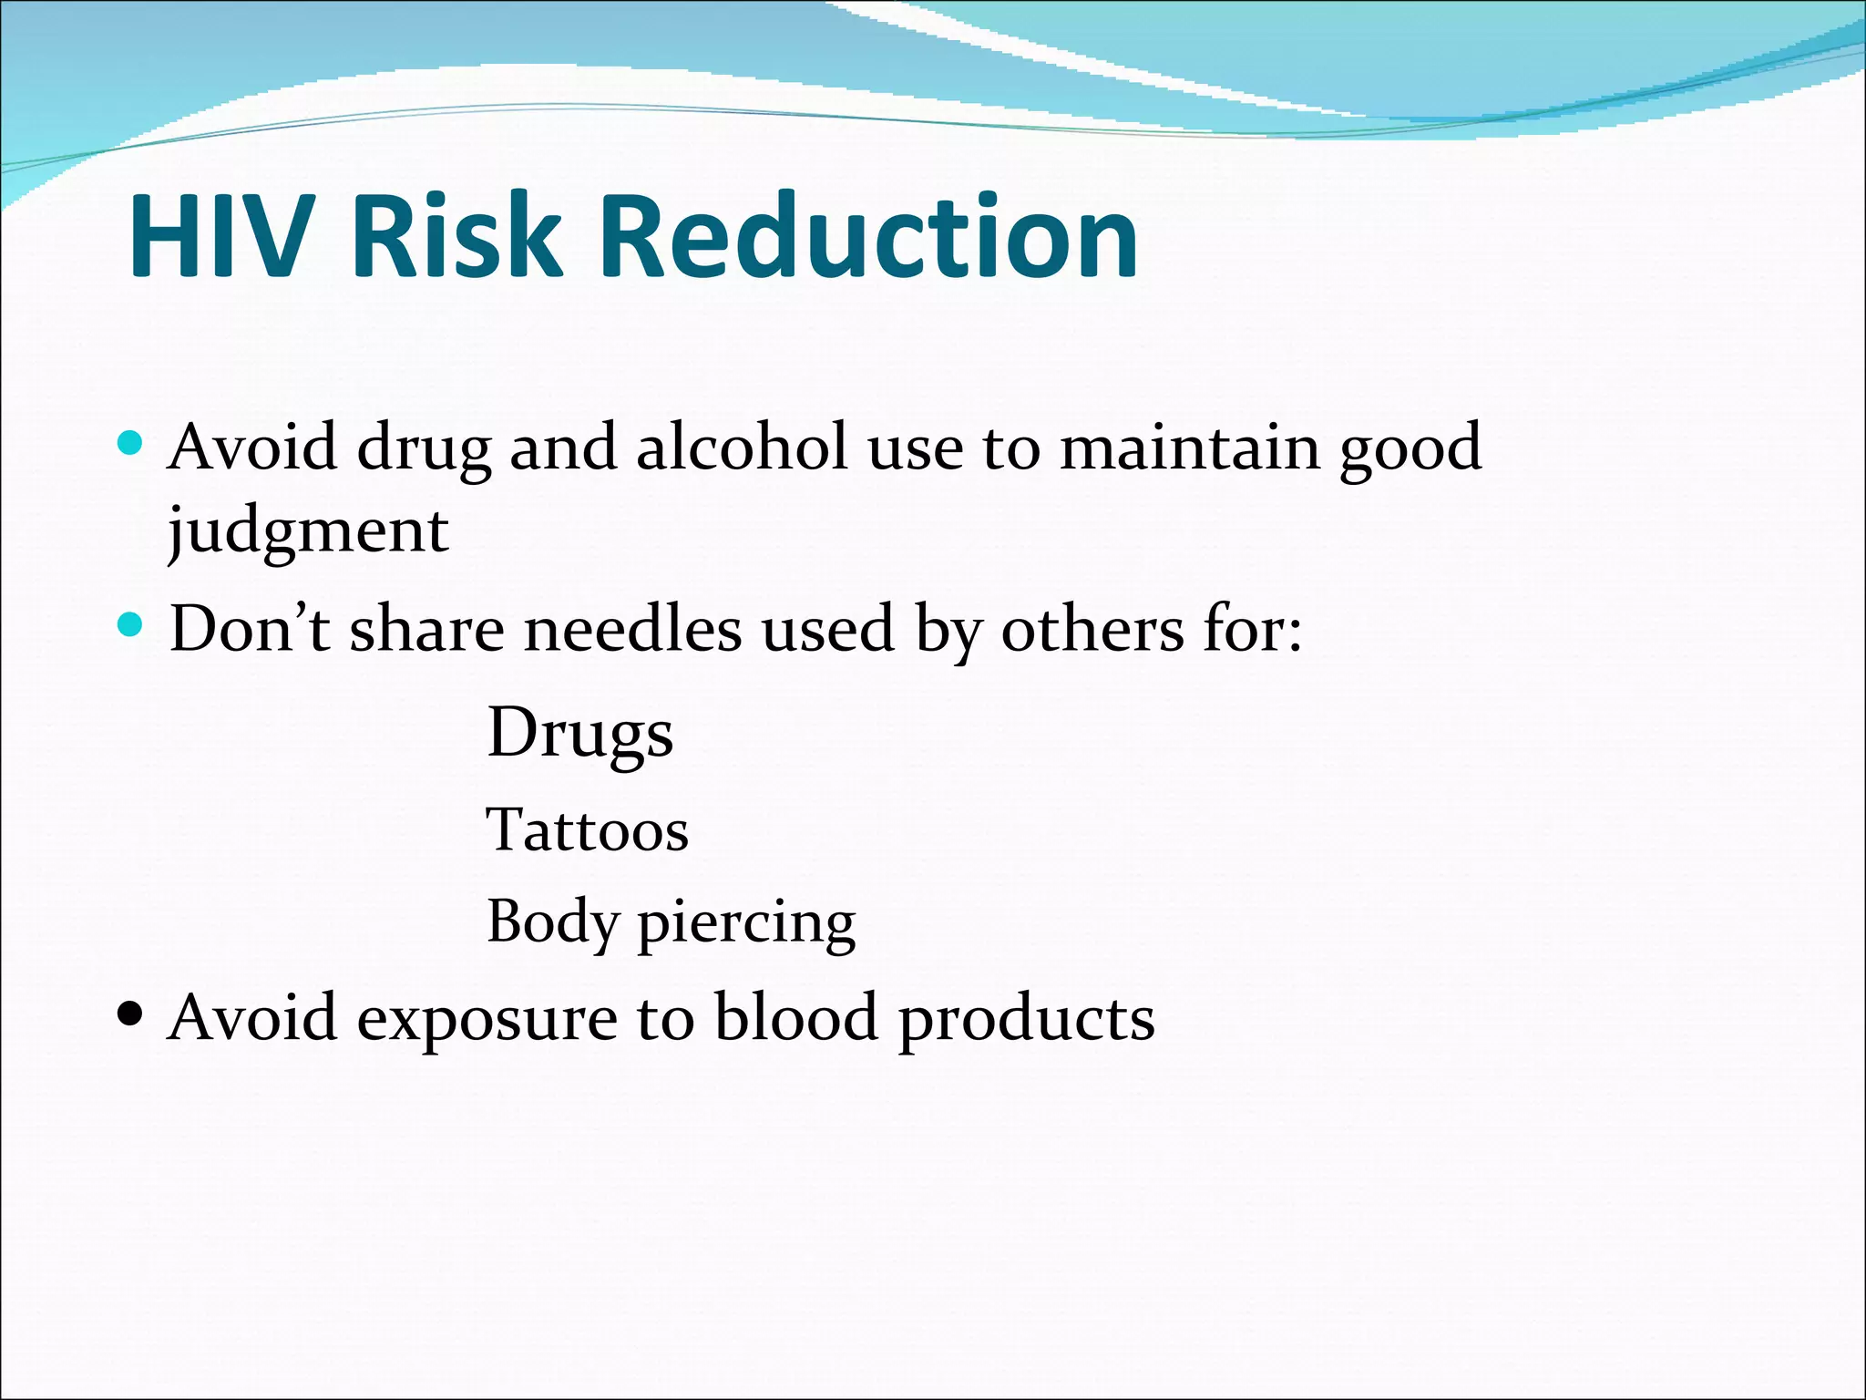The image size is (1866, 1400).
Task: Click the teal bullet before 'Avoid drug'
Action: (x=131, y=444)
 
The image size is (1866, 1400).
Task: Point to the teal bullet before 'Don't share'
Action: (x=131, y=625)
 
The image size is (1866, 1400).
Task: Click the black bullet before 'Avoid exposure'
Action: (x=131, y=1014)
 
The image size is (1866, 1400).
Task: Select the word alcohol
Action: (x=742, y=448)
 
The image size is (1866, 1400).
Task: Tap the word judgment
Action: (x=308, y=531)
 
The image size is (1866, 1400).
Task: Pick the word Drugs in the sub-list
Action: (x=580, y=734)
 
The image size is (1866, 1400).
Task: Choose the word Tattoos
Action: (x=588, y=830)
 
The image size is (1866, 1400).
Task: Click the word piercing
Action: (x=746, y=923)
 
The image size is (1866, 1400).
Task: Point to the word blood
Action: (x=795, y=1017)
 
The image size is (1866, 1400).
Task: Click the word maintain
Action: (x=1189, y=448)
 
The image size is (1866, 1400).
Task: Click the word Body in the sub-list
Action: (x=552, y=923)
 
